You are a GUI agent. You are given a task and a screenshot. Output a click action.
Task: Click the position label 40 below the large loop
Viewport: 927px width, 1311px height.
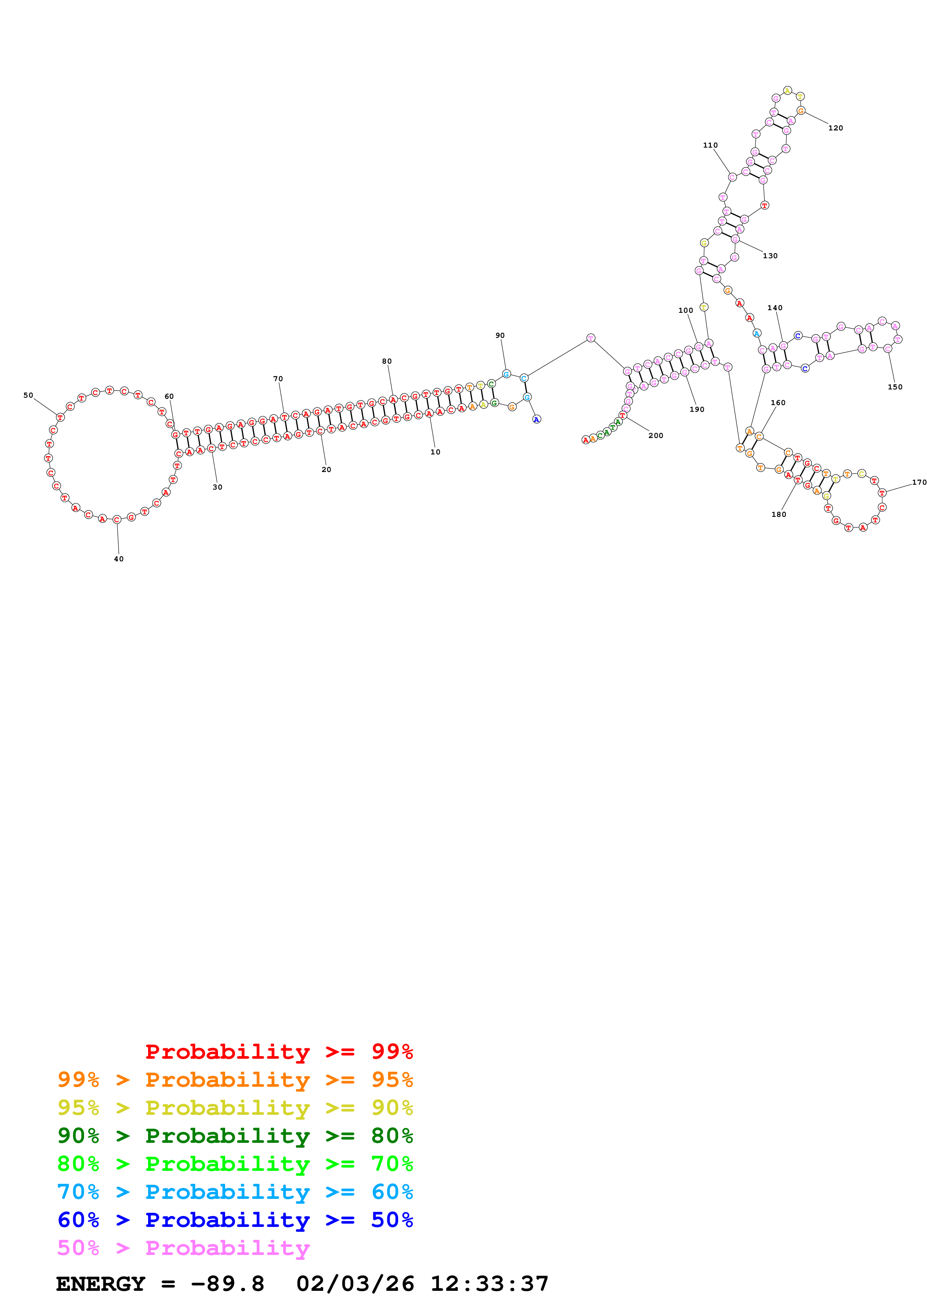coord(118,559)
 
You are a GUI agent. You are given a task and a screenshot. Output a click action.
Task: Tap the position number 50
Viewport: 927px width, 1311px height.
coord(28,395)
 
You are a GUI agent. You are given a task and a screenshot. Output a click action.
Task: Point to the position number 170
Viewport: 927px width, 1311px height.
coord(918,482)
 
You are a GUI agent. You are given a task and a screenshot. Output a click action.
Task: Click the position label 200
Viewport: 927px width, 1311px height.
coord(655,436)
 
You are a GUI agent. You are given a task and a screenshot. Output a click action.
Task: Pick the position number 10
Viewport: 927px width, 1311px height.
coord(435,452)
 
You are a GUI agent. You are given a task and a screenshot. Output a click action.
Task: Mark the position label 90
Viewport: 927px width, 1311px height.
coord(500,336)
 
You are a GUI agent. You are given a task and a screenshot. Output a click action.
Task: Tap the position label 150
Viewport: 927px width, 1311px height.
coord(894,387)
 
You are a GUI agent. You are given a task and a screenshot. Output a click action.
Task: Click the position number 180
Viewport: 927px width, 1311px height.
coord(779,515)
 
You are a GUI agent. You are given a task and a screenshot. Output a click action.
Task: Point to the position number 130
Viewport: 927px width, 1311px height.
coord(770,256)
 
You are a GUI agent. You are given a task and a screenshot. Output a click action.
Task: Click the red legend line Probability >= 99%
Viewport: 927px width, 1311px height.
coord(279,1051)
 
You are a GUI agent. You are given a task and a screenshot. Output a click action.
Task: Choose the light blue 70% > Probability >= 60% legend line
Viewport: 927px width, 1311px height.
coord(235,1192)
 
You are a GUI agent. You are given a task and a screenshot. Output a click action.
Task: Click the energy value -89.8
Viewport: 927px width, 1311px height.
coord(227,1284)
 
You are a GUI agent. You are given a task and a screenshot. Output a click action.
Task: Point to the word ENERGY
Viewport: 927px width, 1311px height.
coord(101,1284)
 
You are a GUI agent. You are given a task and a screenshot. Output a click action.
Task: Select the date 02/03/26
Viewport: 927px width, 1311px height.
coord(355,1284)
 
